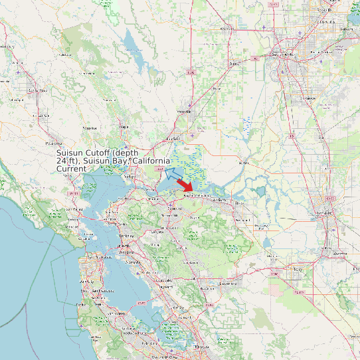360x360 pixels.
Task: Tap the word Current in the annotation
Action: point(71,169)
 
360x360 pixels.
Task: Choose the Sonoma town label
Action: point(89,128)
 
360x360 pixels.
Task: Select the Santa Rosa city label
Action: point(37,90)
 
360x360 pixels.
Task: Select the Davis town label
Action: point(234,64)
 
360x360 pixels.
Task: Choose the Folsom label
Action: point(346,29)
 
